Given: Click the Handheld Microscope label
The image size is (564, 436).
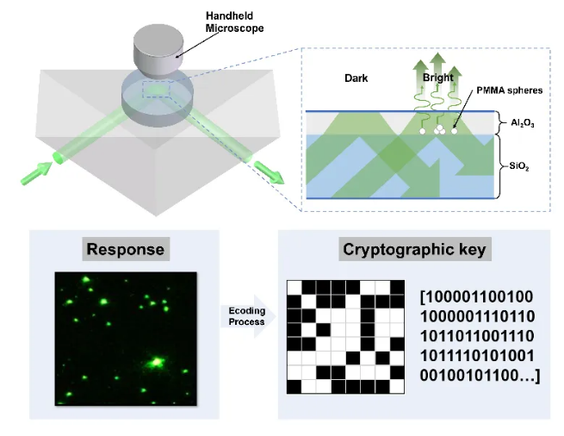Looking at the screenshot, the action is pos(234,22).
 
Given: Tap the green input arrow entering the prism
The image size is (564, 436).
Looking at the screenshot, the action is pos(37,173).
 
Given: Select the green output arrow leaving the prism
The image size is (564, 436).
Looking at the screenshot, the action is pos(269,172).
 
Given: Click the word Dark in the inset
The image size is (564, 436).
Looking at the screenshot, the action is pos(356,78).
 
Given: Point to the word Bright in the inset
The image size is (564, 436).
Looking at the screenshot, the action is pos(437,78).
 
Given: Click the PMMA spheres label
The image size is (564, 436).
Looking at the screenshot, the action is pos(510,90).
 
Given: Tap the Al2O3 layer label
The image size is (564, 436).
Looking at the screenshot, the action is pos(523,123).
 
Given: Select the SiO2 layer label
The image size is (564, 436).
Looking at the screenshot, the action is pos(519,166).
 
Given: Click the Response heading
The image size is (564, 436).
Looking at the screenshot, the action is pos(126,249).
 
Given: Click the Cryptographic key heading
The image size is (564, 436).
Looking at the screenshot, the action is pos(414,249).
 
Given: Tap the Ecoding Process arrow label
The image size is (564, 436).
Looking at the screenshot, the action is pos(247,316).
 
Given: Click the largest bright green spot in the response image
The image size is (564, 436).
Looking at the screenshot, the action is pos(156,362).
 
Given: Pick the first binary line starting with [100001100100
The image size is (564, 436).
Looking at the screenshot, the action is pos(476,297).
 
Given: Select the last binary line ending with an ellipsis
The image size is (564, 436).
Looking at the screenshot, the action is pos(480,376).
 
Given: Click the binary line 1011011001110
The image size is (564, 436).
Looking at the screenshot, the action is pos(477,336).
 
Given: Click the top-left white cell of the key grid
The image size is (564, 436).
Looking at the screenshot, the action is pos(294,288).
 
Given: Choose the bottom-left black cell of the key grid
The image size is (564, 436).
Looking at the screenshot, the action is pos(294,386).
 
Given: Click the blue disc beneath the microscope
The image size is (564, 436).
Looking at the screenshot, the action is pos(158,97).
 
